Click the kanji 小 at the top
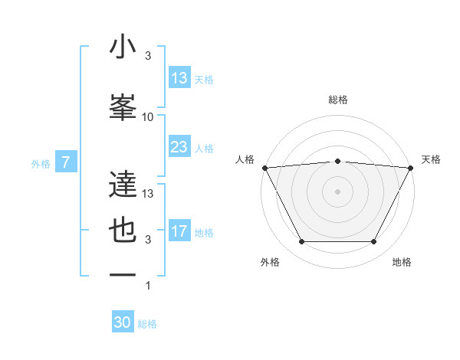coord(123,47)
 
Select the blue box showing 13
coord(179,78)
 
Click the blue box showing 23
coord(179,147)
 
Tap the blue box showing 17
coord(179,231)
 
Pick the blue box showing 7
coord(66,162)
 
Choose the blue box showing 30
coord(123,322)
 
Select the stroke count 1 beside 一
coord(148,286)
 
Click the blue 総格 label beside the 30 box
coord(148,324)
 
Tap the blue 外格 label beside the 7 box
coord(41,163)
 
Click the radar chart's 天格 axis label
coord(432,159)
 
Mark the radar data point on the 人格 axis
coord(264,167)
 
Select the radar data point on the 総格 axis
coord(337,161)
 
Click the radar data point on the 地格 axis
coord(373,242)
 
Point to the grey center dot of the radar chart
coord(337,191)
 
